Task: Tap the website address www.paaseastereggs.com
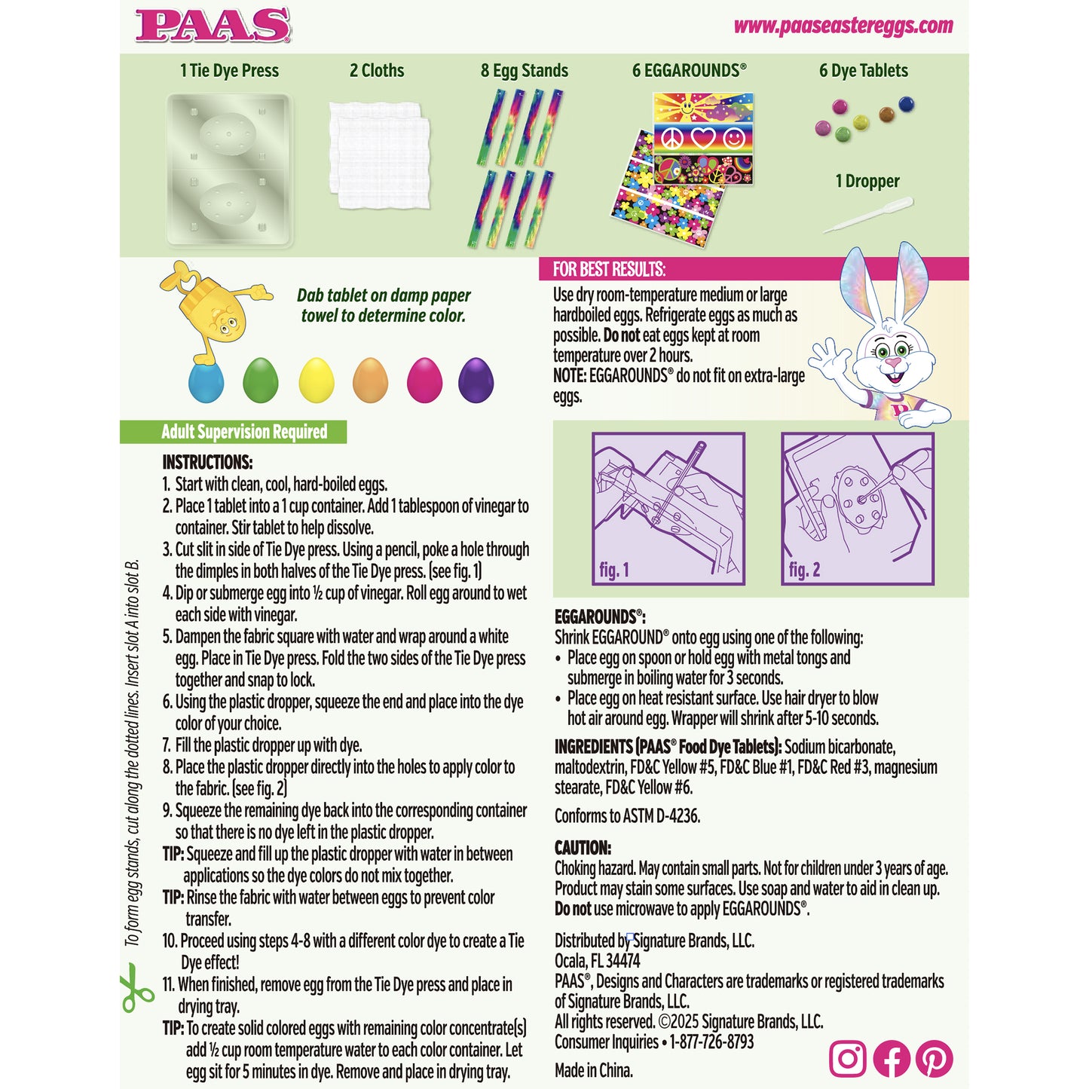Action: click(x=843, y=26)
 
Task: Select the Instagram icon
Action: click(x=847, y=1058)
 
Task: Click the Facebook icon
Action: click(x=891, y=1058)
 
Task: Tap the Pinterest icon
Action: click(x=934, y=1058)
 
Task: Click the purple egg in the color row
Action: click(x=476, y=379)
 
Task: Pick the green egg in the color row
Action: click(x=261, y=379)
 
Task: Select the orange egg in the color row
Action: click(x=370, y=379)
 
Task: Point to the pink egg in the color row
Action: click(x=424, y=379)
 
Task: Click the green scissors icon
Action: click(x=136, y=987)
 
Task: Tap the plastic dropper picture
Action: click(x=868, y=215)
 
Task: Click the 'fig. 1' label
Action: click(x=613, y=570)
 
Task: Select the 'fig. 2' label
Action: click(x=803, y=570)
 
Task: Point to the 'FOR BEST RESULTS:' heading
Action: click(x=609, y=269)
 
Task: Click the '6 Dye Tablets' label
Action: click(x=863, y=71)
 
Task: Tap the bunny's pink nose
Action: click(x=893, y=363)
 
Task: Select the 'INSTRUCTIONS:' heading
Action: click(x=207, y=462)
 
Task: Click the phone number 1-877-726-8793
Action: click(x=711, y=1042)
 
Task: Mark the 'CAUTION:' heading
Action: click(x=583, y=847)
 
